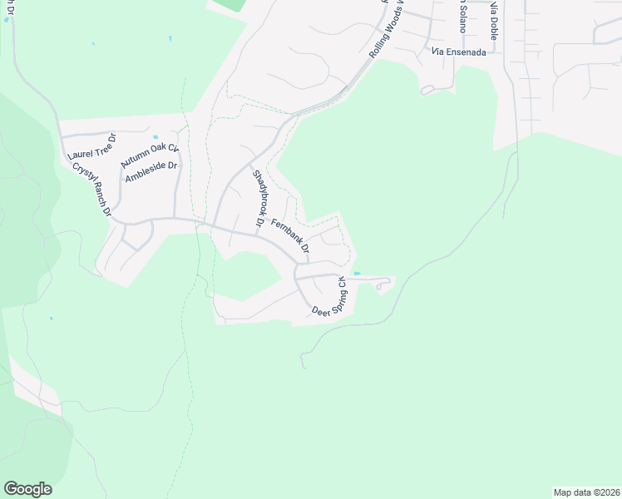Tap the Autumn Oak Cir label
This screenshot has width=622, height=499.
pyautogui.click(x=150, y=155)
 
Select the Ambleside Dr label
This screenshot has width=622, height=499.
pyautogui.click(x=151, y=172)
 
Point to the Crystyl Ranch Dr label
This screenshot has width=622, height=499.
pyautogui.click(x=91, y=189)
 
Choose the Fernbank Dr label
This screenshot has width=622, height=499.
pyautogui.click(x=290, y=236)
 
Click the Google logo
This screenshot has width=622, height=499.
pyautogui.click(x=27, y=489)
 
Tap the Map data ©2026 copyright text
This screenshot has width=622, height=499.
pyautogui.click(x=585, y=492)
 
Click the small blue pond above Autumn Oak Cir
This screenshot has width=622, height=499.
pyautogui.click(x=155, y=137)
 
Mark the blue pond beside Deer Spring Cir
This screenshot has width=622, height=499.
pyautogui.click(x=357, y=273)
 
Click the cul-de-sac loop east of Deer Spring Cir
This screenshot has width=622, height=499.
pyautogui.click(x=383, y=285)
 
